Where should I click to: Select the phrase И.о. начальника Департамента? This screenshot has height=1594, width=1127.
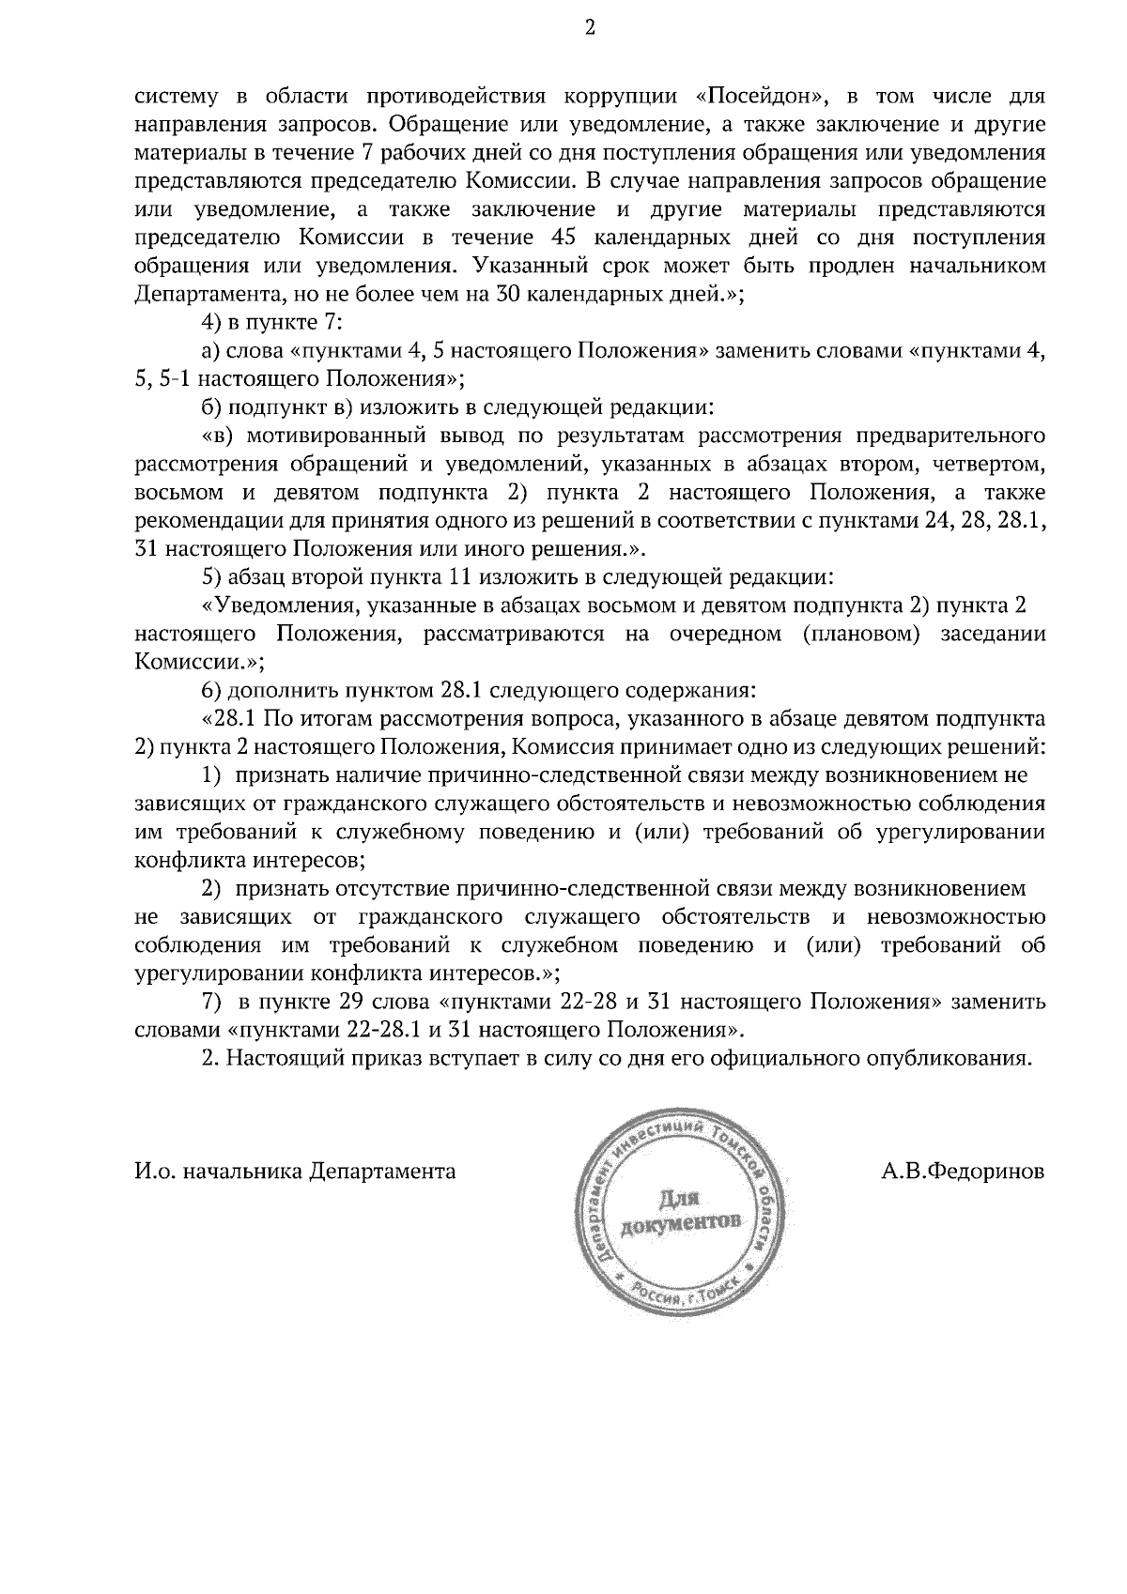point(296,1172)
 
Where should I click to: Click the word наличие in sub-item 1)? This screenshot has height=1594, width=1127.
point(386,775)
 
